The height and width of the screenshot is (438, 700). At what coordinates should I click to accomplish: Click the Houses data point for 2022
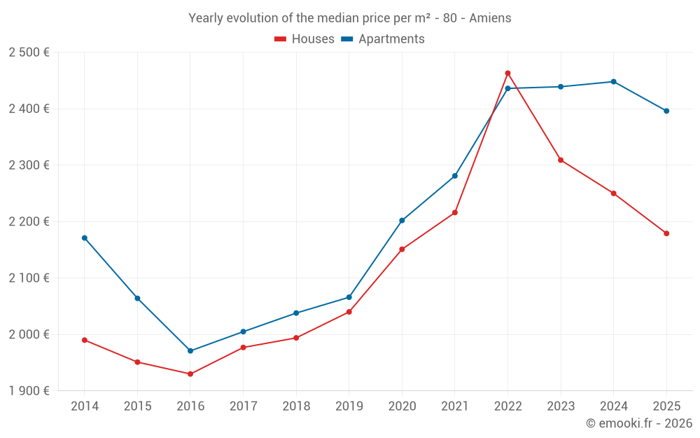point(507,73)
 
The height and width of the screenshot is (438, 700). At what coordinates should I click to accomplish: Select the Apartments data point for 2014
point(85,238)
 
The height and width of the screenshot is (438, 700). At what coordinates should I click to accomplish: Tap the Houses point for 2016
point(190,374)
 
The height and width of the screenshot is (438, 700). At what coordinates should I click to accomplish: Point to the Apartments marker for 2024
point(613,81)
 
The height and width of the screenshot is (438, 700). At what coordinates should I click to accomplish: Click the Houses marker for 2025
point(666,233)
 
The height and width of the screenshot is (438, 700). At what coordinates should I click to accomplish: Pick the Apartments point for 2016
point(190,350)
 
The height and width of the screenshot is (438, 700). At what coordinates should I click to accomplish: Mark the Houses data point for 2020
point(402,249)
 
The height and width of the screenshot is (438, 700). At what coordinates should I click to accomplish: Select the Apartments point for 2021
point(455,176)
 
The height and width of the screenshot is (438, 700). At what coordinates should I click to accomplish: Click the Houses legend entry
point(304,39)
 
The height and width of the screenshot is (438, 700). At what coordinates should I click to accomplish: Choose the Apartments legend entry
point(383,39)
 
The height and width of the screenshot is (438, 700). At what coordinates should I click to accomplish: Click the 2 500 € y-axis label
point(29,53)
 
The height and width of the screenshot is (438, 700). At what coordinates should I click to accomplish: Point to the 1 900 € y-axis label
point(29,391)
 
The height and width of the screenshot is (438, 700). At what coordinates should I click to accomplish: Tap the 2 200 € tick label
point(29,221)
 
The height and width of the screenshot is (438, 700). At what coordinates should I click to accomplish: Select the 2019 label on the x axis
point(349,406)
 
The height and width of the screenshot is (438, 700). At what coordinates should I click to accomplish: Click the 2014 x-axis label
point(85,406)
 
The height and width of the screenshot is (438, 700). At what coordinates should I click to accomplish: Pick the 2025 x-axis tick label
point(666,406)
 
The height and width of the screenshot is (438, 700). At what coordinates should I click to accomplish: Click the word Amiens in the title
point(490,18)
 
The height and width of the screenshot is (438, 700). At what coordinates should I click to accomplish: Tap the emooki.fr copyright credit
point(638,423)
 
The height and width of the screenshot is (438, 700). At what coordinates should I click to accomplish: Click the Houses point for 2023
point(561,160)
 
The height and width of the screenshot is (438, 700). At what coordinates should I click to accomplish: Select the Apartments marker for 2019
point(349,297)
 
